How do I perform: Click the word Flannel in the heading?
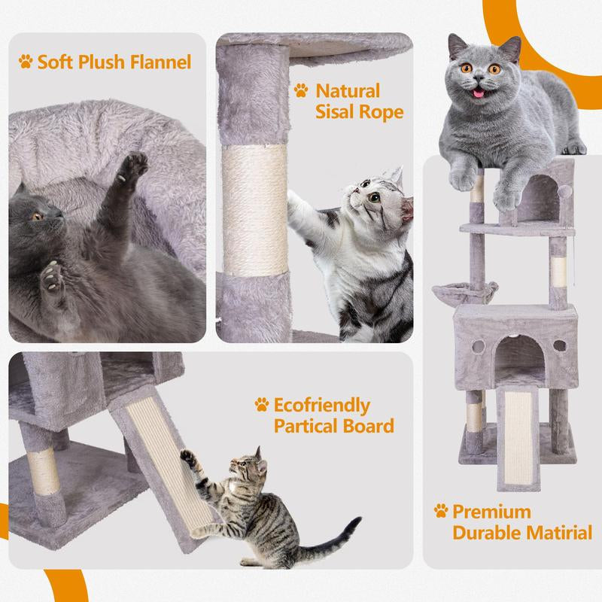coord(160,62)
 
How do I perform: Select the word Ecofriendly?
coord(322,406)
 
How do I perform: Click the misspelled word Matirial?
coord(559,533)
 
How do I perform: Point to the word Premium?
coord(492,512)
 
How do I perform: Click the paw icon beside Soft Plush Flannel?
coord(26,62)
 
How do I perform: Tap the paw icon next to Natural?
coord(301,90)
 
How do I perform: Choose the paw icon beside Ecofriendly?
coord(261,405)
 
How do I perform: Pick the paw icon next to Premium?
coord(441,511)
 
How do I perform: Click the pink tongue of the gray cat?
coord(479,93)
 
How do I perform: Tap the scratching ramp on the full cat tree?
coord(518,438)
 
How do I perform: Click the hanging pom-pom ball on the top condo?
coord(565,191)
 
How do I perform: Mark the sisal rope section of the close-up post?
coord(255,210)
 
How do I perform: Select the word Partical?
coord(304,426)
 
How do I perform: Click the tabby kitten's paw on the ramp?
coord(188,457)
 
